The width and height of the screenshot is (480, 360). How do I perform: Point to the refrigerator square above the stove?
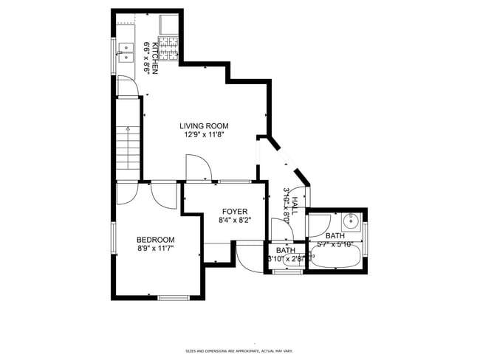click(171, 24)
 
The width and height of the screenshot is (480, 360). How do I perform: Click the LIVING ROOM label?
click(203, 126)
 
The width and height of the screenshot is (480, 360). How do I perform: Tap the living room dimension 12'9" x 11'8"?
click(203, 135)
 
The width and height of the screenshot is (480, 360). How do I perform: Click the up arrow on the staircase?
click(127, 132)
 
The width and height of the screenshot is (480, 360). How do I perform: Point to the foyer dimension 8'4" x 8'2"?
click(234, 220)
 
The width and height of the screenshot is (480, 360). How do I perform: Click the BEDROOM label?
click(155, 240)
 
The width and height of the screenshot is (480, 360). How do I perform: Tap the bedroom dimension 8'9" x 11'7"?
click(155, 249)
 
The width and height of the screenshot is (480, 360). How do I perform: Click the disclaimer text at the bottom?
click(239, 351)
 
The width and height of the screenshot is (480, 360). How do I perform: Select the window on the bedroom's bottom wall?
click(172, 297)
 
